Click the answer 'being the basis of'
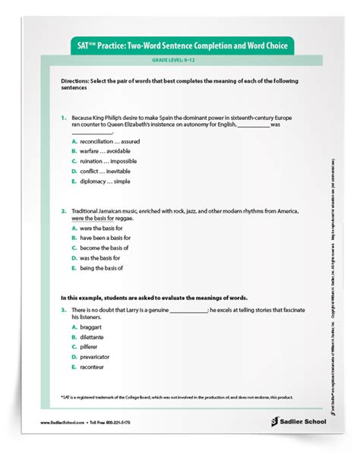point(101,267)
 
